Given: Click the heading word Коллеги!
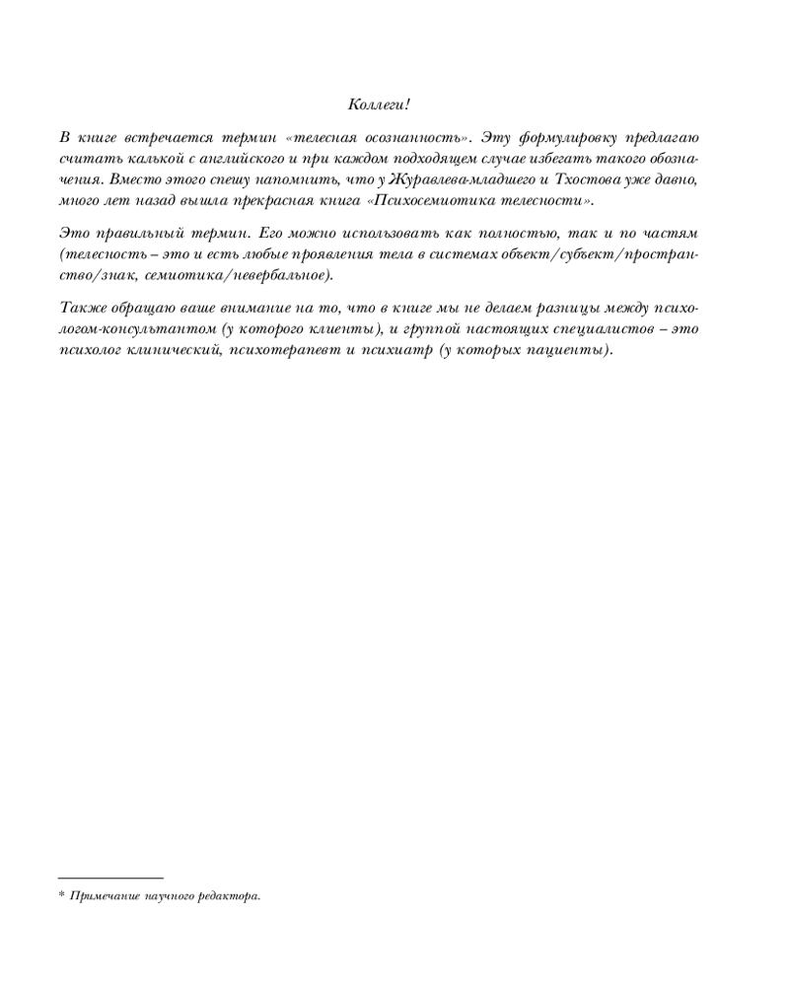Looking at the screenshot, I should pos(379,104).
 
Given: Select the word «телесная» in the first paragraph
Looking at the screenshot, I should pos(326,136).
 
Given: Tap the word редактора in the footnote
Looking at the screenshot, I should pos(231,895).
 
